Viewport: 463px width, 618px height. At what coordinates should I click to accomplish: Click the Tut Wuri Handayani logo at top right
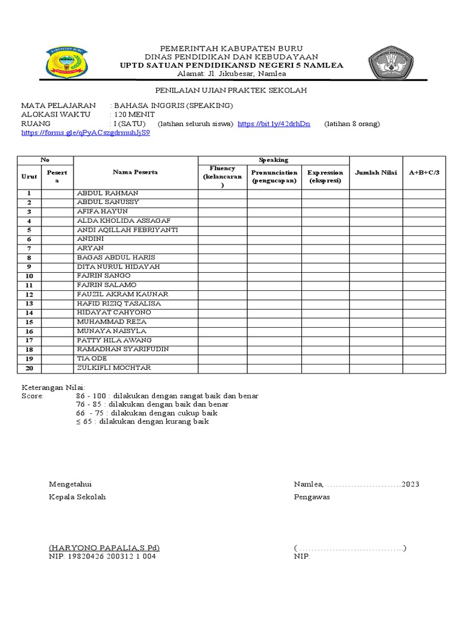coord(390,63)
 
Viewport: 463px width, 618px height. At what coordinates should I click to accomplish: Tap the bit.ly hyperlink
coord(274,124)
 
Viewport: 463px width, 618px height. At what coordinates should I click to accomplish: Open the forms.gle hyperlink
coord(86,133)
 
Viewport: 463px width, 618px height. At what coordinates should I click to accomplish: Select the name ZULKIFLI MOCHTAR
coord(114,368)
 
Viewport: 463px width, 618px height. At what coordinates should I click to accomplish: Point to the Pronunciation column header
coord(274,176)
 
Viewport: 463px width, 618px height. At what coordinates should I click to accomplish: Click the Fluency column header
coord(222,176)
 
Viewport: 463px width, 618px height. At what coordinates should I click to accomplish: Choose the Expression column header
coord(325,176)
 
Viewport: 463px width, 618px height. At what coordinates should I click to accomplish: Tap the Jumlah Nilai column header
coord(376,173)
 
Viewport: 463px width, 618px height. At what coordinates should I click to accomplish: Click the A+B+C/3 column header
coord(424,173)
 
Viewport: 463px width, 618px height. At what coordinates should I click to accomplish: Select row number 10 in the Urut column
coord(29,276)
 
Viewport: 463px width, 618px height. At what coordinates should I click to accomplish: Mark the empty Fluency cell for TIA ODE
coord(222,359)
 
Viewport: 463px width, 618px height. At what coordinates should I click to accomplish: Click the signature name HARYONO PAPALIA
coord(104,548)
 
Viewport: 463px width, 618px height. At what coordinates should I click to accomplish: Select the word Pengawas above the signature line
coord(312,497)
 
